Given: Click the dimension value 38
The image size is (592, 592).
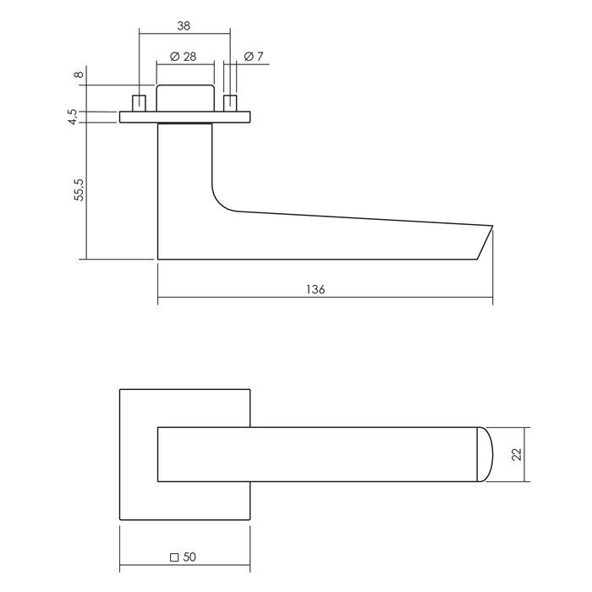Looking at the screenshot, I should click(184, 25).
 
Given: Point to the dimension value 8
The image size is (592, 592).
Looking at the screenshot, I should click(79, 75).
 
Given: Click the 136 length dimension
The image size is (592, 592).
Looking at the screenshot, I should click(315, 288).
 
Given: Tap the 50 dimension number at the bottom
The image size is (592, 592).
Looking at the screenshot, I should click(190, 556).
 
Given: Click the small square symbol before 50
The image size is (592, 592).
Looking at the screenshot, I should click(174, 556).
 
